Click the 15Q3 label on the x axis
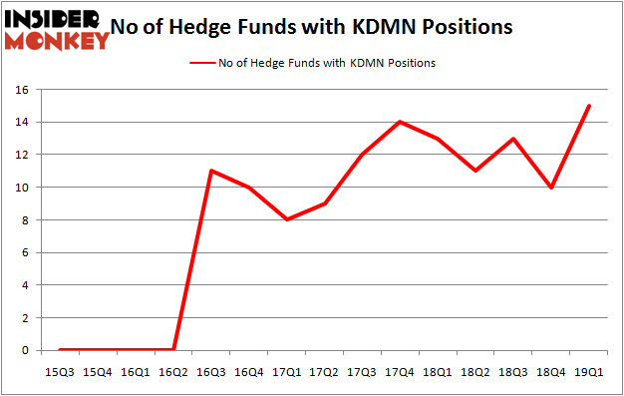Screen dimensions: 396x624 pyautogui.click(x=60, y=371)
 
